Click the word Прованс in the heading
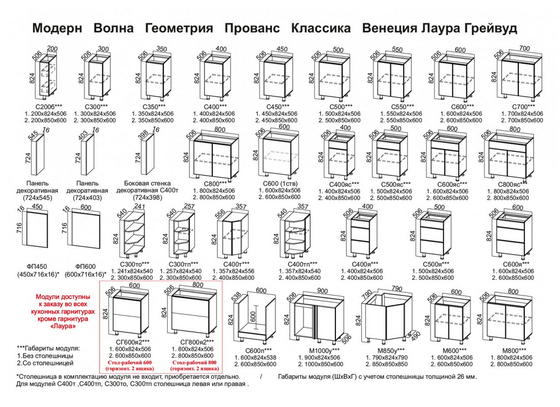pyautogui.click(x=252, y=28)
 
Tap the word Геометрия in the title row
pyautogui.click(x=179, y=28)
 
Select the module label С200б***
pyautogui.click(x=49, y=107)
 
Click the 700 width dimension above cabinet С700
pyautogui.click(x=524, y=49)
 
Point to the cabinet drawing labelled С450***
pyautogui.click(x=276, y=75)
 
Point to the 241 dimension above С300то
pyautogui.click(x=140, y=206)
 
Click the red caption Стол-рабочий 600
pyautogui.click(x=128, y=363)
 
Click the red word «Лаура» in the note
pyautogui.click(x=63, y=326)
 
